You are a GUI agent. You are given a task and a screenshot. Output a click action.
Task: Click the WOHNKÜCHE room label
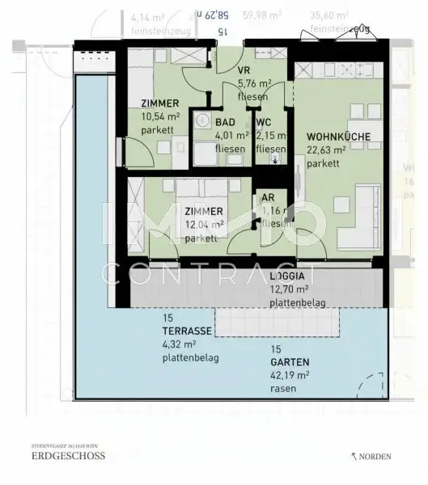click(338, 137)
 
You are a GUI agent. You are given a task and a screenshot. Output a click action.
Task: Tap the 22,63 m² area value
click(326, 150)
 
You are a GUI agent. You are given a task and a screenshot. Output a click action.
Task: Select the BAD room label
click(225, 123)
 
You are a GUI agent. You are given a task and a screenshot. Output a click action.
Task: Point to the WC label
click(263, 123)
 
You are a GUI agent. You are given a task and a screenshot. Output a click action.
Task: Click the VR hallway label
click(243, 70)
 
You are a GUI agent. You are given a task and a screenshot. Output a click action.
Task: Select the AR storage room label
click(267, 198)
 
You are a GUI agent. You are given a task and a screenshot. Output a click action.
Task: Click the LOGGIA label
click(287, 276)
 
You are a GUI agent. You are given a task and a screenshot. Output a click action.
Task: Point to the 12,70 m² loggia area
click(288, 289)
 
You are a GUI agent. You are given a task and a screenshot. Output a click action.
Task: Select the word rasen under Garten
click(283, 389)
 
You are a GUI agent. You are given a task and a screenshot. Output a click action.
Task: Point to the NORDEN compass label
click(375, 457)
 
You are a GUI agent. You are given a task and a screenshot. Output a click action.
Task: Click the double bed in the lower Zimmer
click(205, 212)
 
